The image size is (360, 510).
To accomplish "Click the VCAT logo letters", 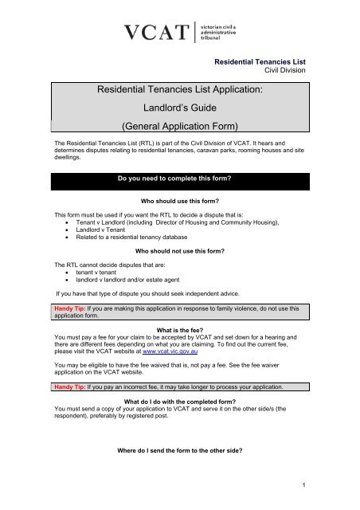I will click(x=156, y=34).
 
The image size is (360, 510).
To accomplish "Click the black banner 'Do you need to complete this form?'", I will click(x=179, y=168).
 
